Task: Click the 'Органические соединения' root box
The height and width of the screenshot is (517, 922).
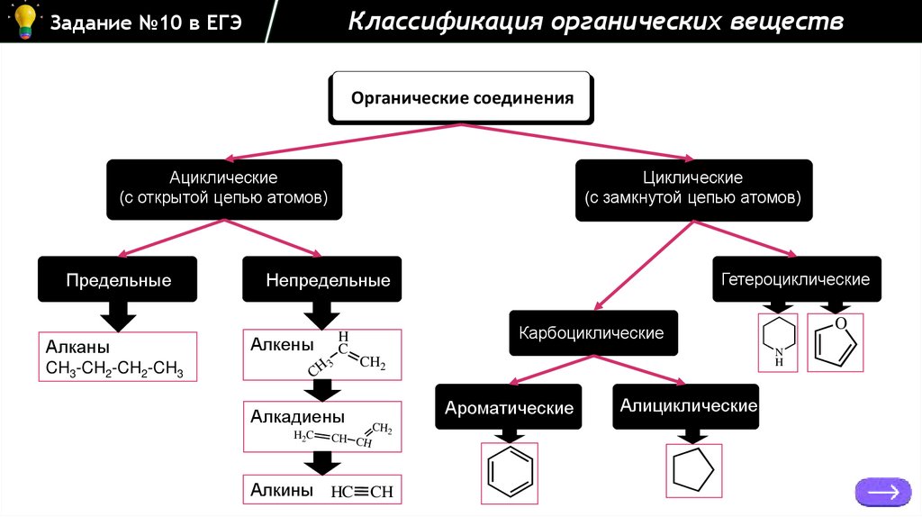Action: (x=462, y=98)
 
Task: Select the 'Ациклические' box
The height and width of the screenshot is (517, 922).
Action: (x=224, y=188)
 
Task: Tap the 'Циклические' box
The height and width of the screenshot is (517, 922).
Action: (x=692, y=188)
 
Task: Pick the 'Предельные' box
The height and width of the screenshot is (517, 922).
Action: (x=118, y=280)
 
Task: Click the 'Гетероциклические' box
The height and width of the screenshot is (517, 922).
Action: (x=796, y=279)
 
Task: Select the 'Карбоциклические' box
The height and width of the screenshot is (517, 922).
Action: (x=592, y=333)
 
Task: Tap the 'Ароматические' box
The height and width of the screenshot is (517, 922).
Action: (x=509, y=408)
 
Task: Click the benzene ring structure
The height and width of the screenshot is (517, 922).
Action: (x=509, y=470)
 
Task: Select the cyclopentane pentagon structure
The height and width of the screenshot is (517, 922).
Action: (x=694, y=470)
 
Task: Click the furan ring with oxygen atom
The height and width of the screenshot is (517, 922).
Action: (x=836, y=341)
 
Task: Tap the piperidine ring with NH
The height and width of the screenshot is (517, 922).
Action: (x=779, y=342)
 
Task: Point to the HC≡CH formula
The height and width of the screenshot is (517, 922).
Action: (x=363, y=492)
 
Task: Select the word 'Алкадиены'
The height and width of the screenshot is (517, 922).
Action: (x=297, y=417)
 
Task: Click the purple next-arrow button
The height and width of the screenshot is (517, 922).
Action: (x=882, y=492)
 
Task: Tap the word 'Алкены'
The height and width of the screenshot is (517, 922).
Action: (x=282, y=344)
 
